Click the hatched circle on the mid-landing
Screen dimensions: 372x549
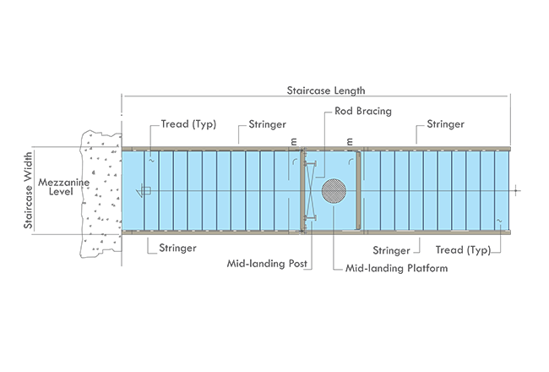[x=332, y=190]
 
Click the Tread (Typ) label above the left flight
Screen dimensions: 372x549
[x=188, y=125]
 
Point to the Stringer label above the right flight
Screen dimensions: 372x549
[x=445, y=125]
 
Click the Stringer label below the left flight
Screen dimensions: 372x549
[x=177, y=249]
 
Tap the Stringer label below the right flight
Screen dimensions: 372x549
[x=392, y=250]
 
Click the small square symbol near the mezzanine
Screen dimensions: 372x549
[x=145, y=191]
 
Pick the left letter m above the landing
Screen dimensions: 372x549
[x=293, y=140]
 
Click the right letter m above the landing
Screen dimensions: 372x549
[x=347, y=140]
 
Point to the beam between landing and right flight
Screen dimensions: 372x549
[x=359, y=190]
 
